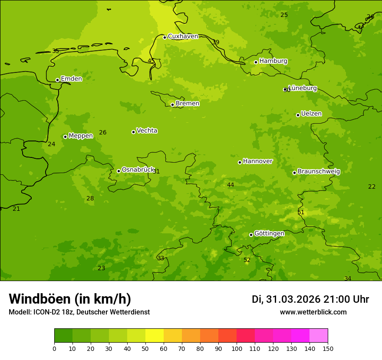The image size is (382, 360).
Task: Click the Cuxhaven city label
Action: point(183,36)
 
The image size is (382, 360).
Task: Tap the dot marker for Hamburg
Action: point(256,62)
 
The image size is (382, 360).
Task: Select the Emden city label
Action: point(71,79)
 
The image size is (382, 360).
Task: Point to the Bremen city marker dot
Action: point(172,105)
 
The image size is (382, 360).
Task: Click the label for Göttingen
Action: point(269,234)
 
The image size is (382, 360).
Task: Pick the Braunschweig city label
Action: point(319,172)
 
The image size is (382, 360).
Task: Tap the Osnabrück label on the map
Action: point(138,170)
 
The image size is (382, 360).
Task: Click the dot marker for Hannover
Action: point(240,162)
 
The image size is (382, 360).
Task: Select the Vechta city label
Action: point(147,131)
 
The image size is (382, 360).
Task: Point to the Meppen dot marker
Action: point(65,137)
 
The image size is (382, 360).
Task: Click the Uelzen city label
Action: point(311,114)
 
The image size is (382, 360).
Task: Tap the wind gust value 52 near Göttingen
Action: point(247,260)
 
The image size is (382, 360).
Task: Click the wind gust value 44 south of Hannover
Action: point(231,185)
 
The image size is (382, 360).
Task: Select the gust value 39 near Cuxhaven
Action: point(216,42)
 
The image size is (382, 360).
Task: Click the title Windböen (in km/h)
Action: point(70,299)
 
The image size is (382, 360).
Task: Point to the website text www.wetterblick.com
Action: point(313,312)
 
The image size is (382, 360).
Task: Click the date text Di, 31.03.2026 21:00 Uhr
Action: point(310,299)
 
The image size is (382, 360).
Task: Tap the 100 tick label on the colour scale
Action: point(237,348)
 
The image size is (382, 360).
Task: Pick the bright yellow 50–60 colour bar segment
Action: point(155,336)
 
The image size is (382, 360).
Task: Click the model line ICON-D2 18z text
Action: point(79,312)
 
